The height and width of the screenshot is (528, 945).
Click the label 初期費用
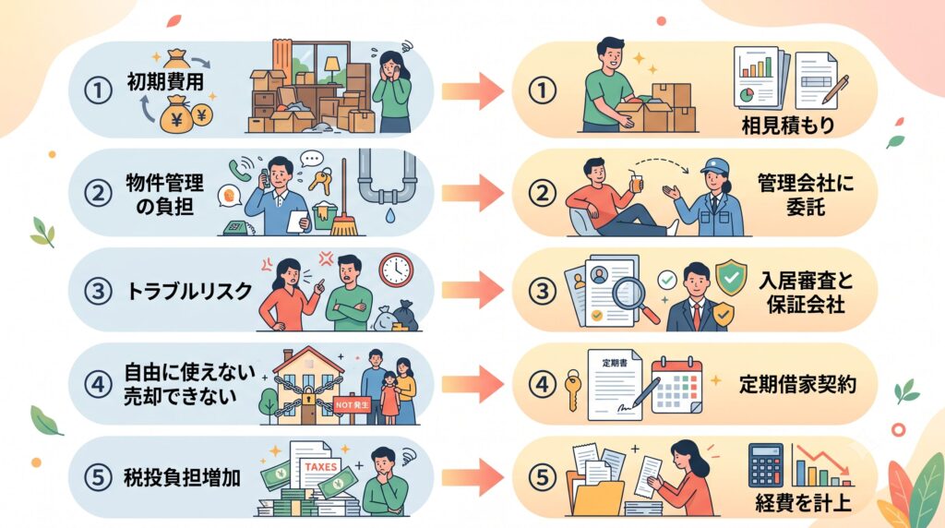[x=165, y=81]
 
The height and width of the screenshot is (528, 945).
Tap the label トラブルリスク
[x=188, y=291]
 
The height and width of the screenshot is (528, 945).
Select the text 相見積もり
[x=788, y=126]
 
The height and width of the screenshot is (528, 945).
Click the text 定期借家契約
[x=797, y=384]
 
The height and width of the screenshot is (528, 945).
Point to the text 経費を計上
[x=803, y=502]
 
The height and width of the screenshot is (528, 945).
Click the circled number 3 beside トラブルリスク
[x=98, y=292]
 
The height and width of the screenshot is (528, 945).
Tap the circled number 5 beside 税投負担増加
[x=98, y=477]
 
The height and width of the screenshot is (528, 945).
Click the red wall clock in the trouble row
[x=396, y=270]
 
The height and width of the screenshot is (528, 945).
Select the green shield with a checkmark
[x=731, y=278]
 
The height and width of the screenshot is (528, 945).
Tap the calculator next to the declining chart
[x=765, y=465]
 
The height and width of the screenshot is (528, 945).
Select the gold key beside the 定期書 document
[x=572, y=390]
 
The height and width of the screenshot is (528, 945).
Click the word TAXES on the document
[x=320, y=466]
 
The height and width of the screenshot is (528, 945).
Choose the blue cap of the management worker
[x=715, y=165]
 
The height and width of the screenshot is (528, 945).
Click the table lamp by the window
[x=332, y=66]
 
